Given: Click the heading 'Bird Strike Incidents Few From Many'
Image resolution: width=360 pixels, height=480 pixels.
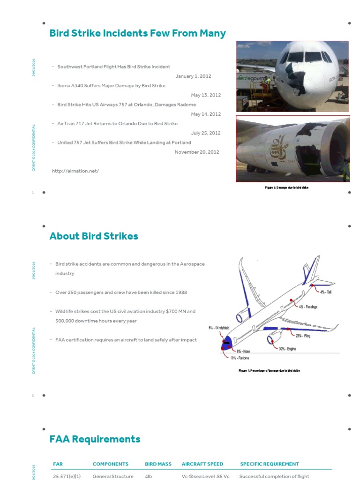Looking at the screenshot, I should [137, 33].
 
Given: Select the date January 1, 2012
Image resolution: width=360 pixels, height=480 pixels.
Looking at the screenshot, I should [193, 76].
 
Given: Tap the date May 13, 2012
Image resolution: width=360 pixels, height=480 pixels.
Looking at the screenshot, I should [206, 95].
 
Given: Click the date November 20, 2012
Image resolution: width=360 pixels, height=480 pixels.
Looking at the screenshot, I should [197, 152].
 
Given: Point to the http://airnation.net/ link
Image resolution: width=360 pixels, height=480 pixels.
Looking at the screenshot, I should [75, 171].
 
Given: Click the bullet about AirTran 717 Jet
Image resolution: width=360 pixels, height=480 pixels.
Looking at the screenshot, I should [117, 124].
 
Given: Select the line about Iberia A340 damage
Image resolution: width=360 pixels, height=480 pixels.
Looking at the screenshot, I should [111, 86].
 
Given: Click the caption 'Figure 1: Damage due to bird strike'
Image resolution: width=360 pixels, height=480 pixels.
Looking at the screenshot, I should [286, 187].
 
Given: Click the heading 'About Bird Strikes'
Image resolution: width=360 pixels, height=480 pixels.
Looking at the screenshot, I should [94, 236].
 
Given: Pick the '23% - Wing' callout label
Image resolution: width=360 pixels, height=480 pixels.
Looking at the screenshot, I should [303, 336].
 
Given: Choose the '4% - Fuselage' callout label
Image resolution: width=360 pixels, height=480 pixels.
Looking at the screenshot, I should [308, 307].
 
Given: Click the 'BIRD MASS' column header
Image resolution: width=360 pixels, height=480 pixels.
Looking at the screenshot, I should [158, 464].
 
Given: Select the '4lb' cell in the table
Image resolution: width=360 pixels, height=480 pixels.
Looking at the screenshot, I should [149, 476].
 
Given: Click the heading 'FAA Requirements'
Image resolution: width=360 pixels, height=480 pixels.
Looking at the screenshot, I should [95, 439].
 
